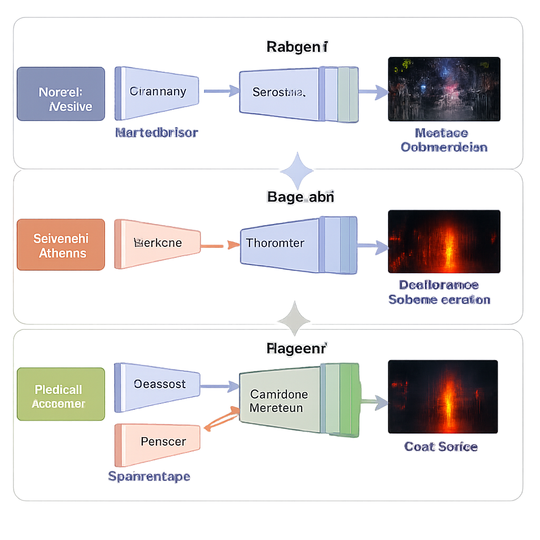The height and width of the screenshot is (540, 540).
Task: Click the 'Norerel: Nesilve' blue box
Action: tap(61, 94)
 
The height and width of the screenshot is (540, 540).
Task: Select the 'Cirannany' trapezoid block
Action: tap(157, 92)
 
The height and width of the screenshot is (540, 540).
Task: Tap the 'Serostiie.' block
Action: tap(279, 93)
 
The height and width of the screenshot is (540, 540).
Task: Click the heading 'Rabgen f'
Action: tap(297, 47)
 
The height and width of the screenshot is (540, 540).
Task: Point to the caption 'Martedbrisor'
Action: tap(157, 133)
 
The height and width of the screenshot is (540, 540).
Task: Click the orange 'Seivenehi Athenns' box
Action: tap(61, 245)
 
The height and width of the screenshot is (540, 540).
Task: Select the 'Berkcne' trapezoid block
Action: tap(158, 243)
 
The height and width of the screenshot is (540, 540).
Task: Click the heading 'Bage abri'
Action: tap(301, 198)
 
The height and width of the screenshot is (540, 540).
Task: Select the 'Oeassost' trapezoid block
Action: tap(158, 384)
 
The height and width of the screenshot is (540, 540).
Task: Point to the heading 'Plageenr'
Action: tap(296, 349)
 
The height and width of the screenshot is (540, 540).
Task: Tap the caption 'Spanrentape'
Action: tap(149, 476)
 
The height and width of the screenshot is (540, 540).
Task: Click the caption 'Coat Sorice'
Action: tap(441, 447)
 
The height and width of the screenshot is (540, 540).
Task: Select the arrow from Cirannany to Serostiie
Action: tap(220, 92)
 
